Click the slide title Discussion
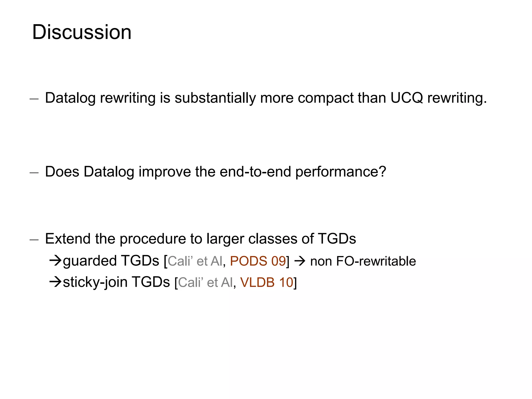point(82,32)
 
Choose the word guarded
point(90,261)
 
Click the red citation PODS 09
point(258,261)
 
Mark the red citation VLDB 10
point(267,282)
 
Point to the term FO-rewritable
point(376,261)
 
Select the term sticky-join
point(95,283)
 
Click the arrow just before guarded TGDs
point(55,260)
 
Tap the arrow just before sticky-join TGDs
point(55,282)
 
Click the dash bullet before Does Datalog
point(34,172)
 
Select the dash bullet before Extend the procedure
point(34,240)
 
